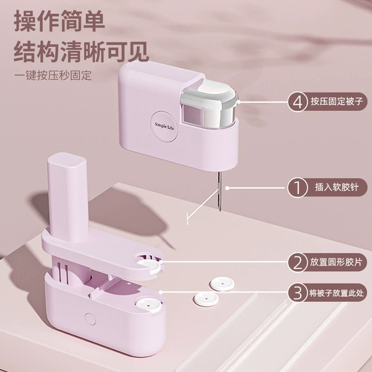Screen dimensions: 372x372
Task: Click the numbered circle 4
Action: point(298,102)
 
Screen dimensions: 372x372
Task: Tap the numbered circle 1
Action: point(298,187)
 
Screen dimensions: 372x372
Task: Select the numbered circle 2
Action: point(298,262)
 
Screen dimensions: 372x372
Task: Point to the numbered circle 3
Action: point(298,293)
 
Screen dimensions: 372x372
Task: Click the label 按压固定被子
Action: point(337,102)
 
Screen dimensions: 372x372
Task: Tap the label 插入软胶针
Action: point(337,187)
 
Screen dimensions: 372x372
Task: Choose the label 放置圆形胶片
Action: point(337,262)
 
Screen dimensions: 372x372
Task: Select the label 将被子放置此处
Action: point(337,293)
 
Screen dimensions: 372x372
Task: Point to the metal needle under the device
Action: point(219,191)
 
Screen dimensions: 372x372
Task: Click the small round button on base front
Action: point(91,319)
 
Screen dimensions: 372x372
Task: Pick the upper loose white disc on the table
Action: point(223,284)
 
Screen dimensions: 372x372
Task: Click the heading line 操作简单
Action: point(60,21)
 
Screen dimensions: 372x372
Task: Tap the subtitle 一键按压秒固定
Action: point(53,76)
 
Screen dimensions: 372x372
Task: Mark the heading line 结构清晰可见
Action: point(81,51)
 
